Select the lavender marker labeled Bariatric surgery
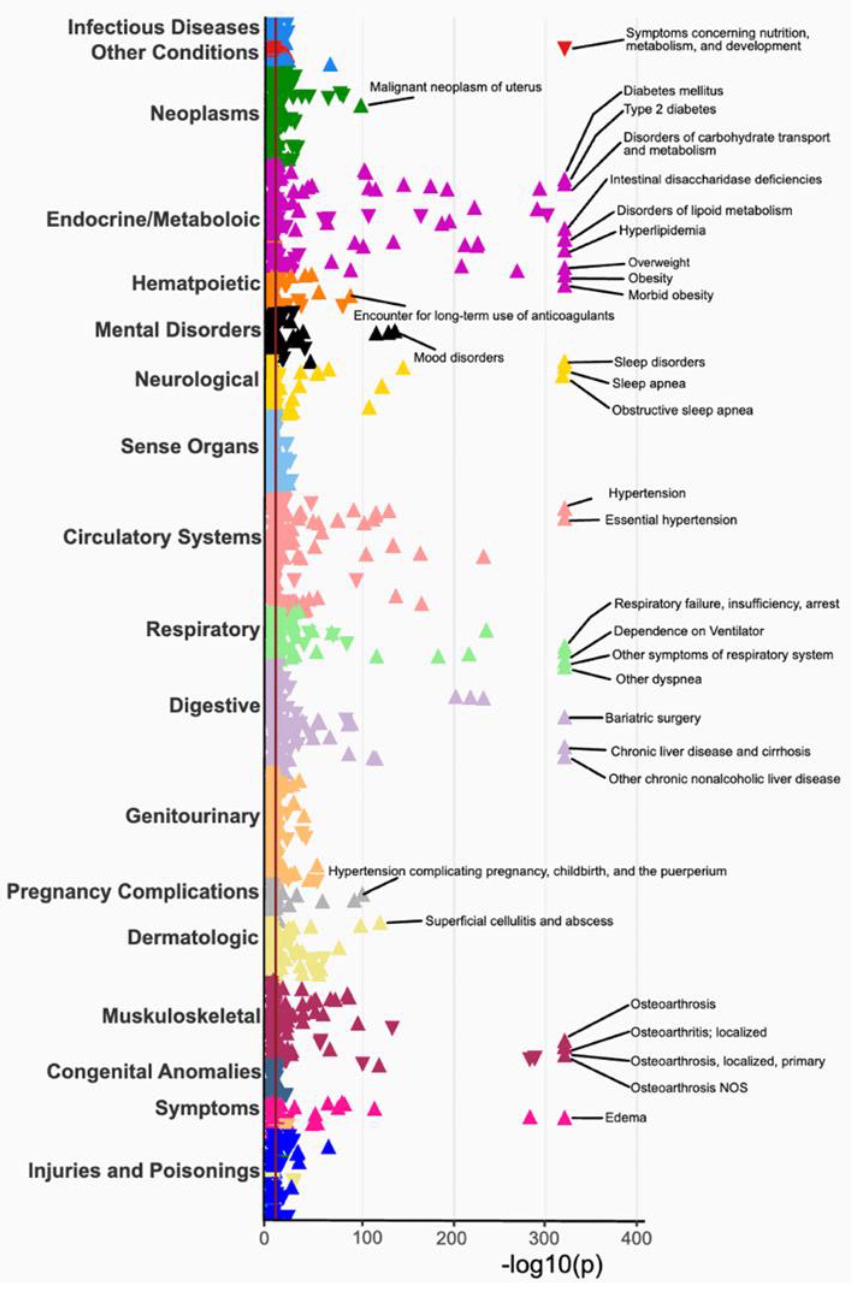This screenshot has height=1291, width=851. click(564, 718)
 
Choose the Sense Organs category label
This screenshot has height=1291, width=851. click(189, 446)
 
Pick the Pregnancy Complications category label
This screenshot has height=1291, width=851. click(132, 892)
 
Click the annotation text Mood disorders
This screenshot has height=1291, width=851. click(459, 357)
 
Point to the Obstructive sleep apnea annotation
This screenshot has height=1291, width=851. click(682, 410)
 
